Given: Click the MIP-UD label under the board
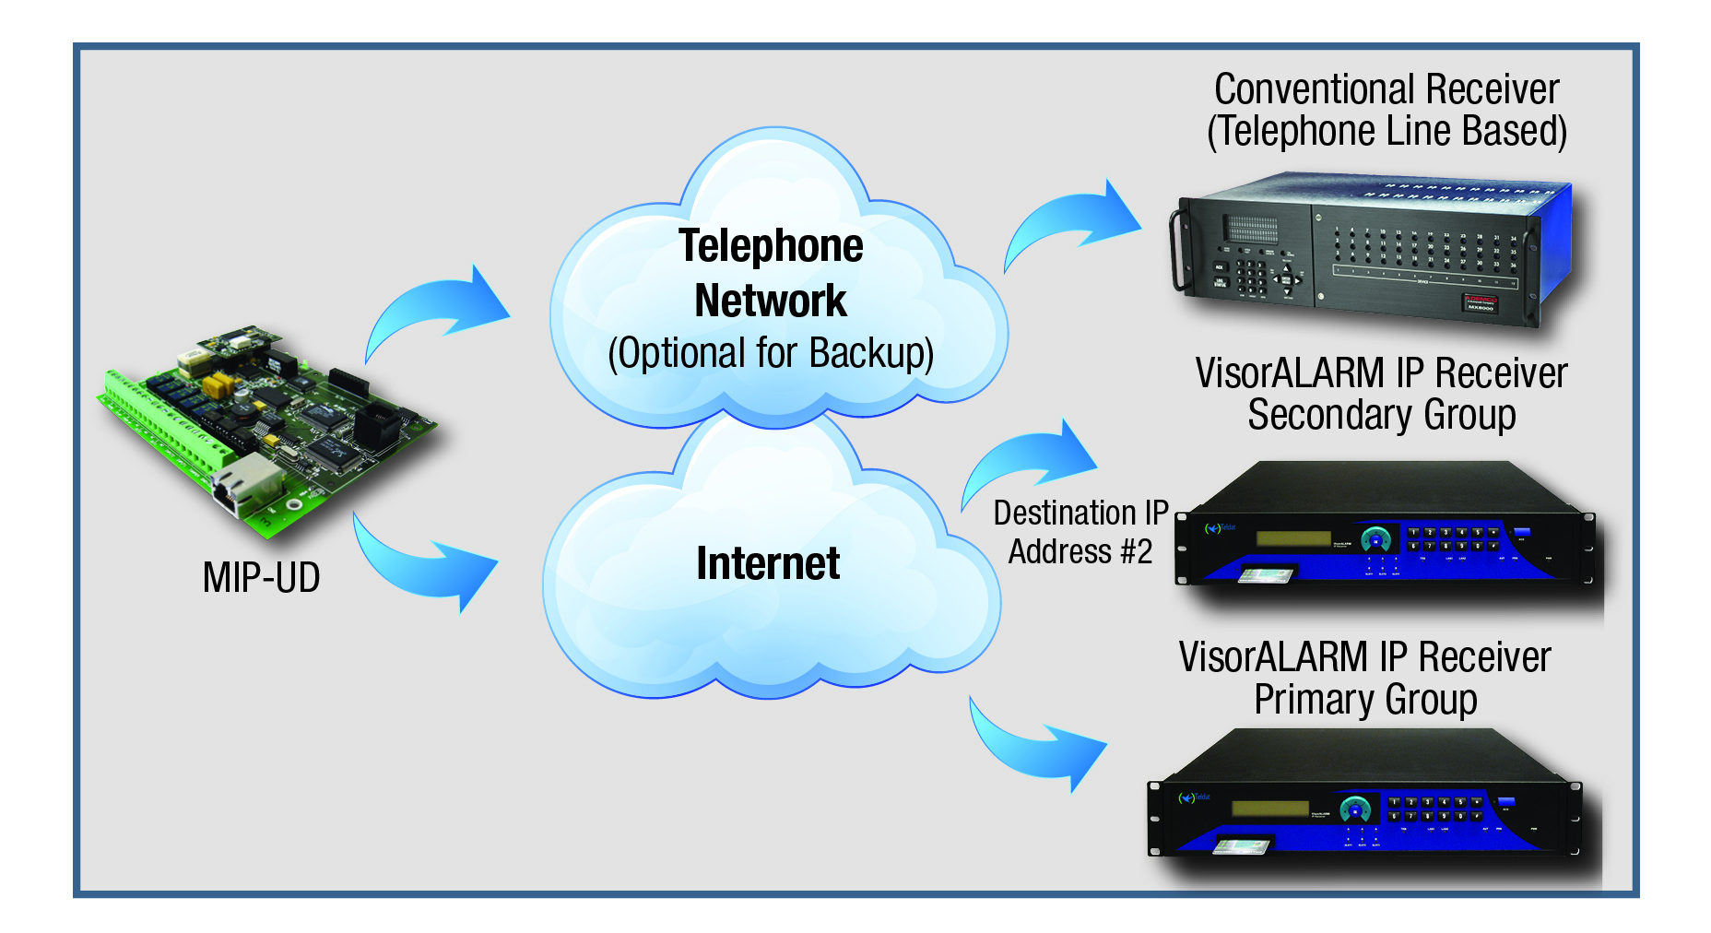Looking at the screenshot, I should click(x=261, y=578).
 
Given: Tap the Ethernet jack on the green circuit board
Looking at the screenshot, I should click(x=245, y=485).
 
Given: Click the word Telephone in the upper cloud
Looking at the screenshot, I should click(x=771, y=246).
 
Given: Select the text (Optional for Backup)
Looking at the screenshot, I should click(x=771, y=354).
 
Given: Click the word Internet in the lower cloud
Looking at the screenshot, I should click(x=768, y=563).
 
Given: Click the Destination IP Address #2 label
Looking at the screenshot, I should click(x=1080, y=532).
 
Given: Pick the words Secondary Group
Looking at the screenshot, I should click(x=1381, y=415).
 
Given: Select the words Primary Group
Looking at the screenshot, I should click(x=1365, y=699).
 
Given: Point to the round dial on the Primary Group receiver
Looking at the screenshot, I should click(x=1355, y=809).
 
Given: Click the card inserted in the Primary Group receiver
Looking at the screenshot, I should click(x=1241, y=845).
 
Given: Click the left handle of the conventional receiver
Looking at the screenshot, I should click(x=1178, y=251).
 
